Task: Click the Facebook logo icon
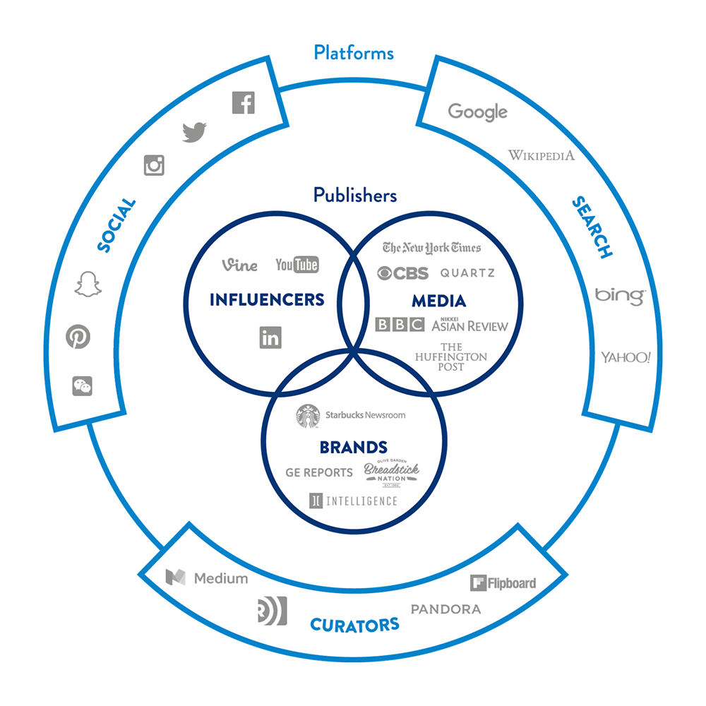pyautogui.click(x=243, y=103)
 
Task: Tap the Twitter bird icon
pyautogui.click(x=194, y=131)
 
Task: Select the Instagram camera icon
pyautogui.click(x=154, y=165)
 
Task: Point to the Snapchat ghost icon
pyautogui.click(x=88, y=283)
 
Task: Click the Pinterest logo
pyautogui.click(x=78, y=337)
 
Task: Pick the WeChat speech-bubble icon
pyautogui.click(x=82, y=385)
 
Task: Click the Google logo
pyautogui.click(x=478, y=112)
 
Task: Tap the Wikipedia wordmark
pyautogui.click(x=542, y=155)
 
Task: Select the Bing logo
pyautogui.click(x=619, y=295)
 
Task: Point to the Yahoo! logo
pyautogui.click(x=626, y=357)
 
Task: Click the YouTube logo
pyautogui.click(x=297, y=265)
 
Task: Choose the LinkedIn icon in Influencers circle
pyautogui.click(x=270, y=337)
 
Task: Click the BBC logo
pyautogui.click(x=400, y=325)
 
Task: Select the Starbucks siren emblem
pyautogui.click(x=308, y=416)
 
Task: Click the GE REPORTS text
pyautogui.click(x=319, y=472)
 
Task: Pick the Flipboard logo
pyautogui.click(x=503, y=583)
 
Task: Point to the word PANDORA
pyautogui.click(x=445, y=609)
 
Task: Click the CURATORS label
pyautogui.click(x=354, y=624)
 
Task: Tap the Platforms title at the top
pyautogui.click(x=354, y=52)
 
